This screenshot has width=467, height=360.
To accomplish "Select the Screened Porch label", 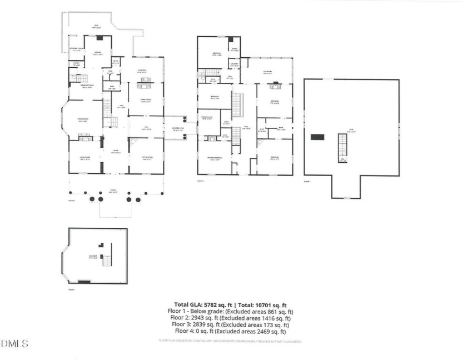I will click(x=76, y=51).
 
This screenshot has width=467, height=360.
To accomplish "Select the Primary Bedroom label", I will click(x=216, y=159).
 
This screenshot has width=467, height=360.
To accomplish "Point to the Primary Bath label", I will click(x=208, y=118).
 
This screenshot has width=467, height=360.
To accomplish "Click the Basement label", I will click(x=92, y=257).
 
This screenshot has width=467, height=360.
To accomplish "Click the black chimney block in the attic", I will click(x=318, y=137).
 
